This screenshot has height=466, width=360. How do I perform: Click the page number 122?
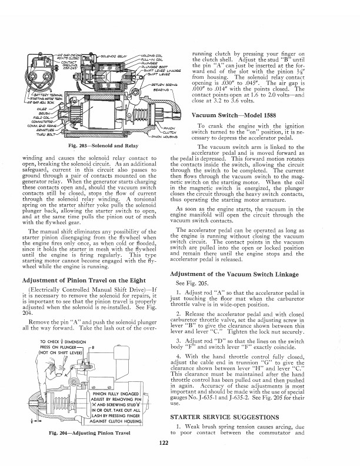(x=180, y=452)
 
